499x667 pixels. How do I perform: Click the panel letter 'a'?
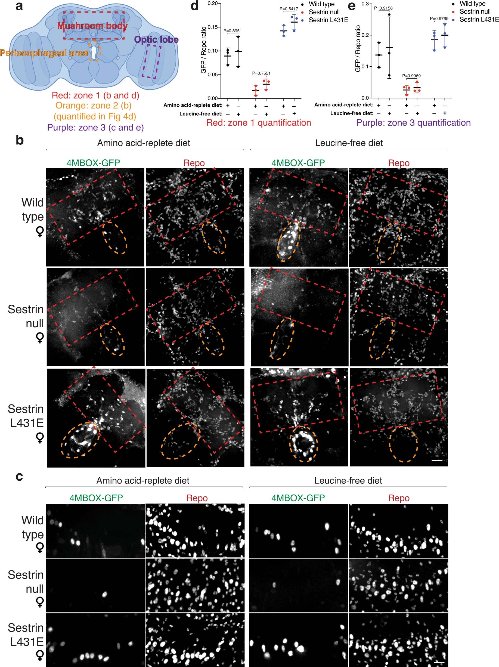tap(19, 6)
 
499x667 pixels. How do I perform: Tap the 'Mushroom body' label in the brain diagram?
tap(92, 26)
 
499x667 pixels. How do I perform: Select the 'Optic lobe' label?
tap(156, 39)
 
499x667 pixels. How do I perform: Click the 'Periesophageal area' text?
tap(44, 53)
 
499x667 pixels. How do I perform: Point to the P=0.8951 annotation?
tap(233, 31)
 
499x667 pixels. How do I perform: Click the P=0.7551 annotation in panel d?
tap(261, 73)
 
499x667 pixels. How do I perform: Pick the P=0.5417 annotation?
tap(289, 9)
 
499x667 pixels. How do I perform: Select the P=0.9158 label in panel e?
tap(383, 8)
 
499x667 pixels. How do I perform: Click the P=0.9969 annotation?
tap(411, 76)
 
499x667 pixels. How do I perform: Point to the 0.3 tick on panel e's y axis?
tap(365, 4)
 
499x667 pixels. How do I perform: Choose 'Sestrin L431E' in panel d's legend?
tap(328, 20)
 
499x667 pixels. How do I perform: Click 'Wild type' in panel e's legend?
tap(472, 4)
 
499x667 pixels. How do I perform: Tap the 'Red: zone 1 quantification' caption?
tap(258, 123)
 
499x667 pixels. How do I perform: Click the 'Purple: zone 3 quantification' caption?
tap(413, 123)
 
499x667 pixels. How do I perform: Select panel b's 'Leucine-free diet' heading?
tap(349, 143)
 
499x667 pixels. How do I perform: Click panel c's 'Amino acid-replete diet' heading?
tap(142, 480)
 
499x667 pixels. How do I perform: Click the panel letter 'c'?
tap(19, 476)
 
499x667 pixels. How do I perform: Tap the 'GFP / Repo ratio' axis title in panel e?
tap(358, 48)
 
